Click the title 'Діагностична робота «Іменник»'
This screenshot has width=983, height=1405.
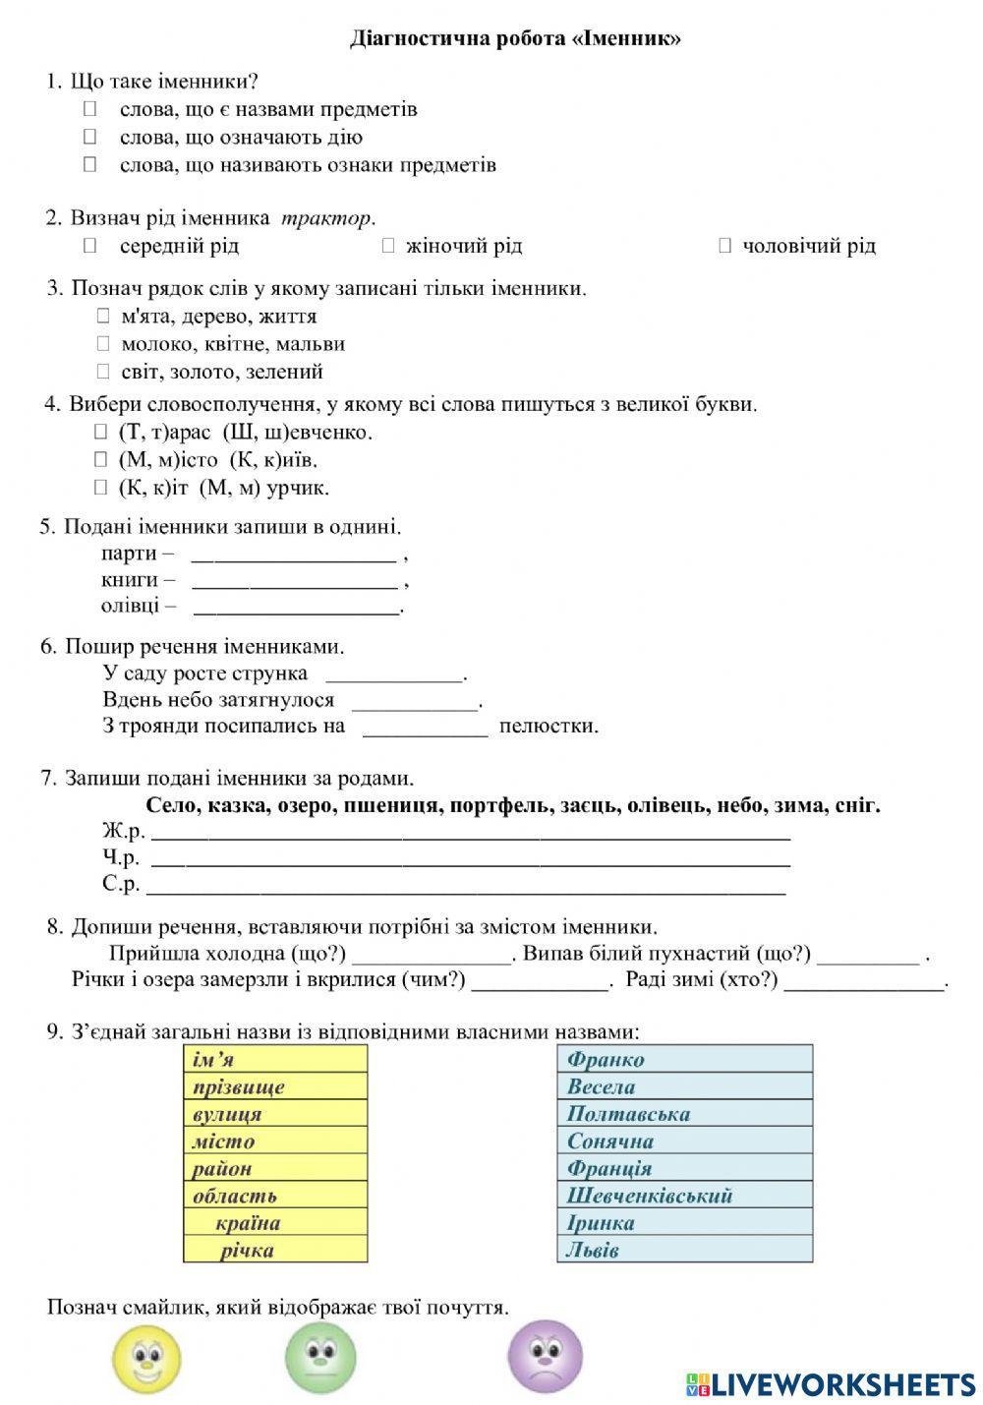pyautogui.click(x=515, y=39)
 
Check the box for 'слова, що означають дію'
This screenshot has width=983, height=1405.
pyautogui.click(x=90, y=137)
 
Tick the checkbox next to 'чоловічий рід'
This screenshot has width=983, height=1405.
pyautogui.click(x=725, y=245)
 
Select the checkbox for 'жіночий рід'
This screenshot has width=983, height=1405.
pyautogui.click(x=388, y=245)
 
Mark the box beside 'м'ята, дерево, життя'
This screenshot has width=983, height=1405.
pyautogui.click(x=103, y=316)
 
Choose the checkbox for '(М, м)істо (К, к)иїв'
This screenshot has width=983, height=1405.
pyautogui.click(x=100, y=459)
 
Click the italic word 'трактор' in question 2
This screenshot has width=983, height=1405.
pyautogui.click(x=326, y=217)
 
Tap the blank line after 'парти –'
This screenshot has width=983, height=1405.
pyautogui.click(x=293, y=556)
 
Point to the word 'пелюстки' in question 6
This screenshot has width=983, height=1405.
pyautogui.click(x=549, y=727)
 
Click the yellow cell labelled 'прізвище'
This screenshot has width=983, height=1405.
pyautogui.click(x=275, y=1086)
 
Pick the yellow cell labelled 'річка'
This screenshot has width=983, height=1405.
pyautogui.click(x=275, y=1250)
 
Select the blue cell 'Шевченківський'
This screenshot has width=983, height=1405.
pyautogui.click(x=684, y=1196)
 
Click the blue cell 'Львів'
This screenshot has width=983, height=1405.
pyautogui.click(x=684, y=1250)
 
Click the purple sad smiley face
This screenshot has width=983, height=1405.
pyautogui.click(x=545, y=1357)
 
